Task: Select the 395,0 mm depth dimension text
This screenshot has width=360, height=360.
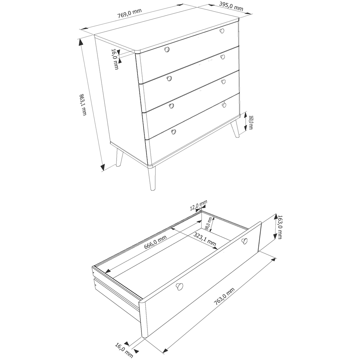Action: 231,6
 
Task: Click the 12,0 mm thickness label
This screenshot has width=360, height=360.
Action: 198,206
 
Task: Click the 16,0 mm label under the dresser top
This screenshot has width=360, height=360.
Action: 115,59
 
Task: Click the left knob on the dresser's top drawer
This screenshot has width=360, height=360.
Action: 167,49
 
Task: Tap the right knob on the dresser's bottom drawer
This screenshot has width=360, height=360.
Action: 224,105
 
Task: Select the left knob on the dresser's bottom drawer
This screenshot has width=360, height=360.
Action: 174,131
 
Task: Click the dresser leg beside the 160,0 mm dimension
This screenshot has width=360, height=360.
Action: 235,130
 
